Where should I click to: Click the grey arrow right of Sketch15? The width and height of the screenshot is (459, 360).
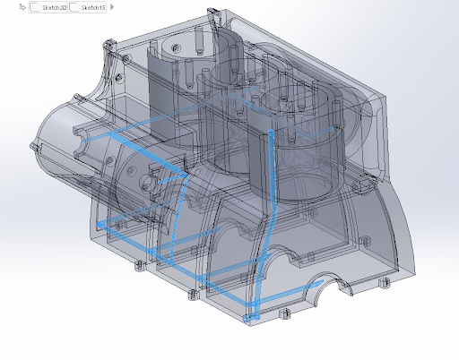pyautogui.click(x=111, y=7)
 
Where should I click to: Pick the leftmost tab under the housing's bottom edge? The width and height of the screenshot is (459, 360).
pyautogui.click(x=138, y=266)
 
